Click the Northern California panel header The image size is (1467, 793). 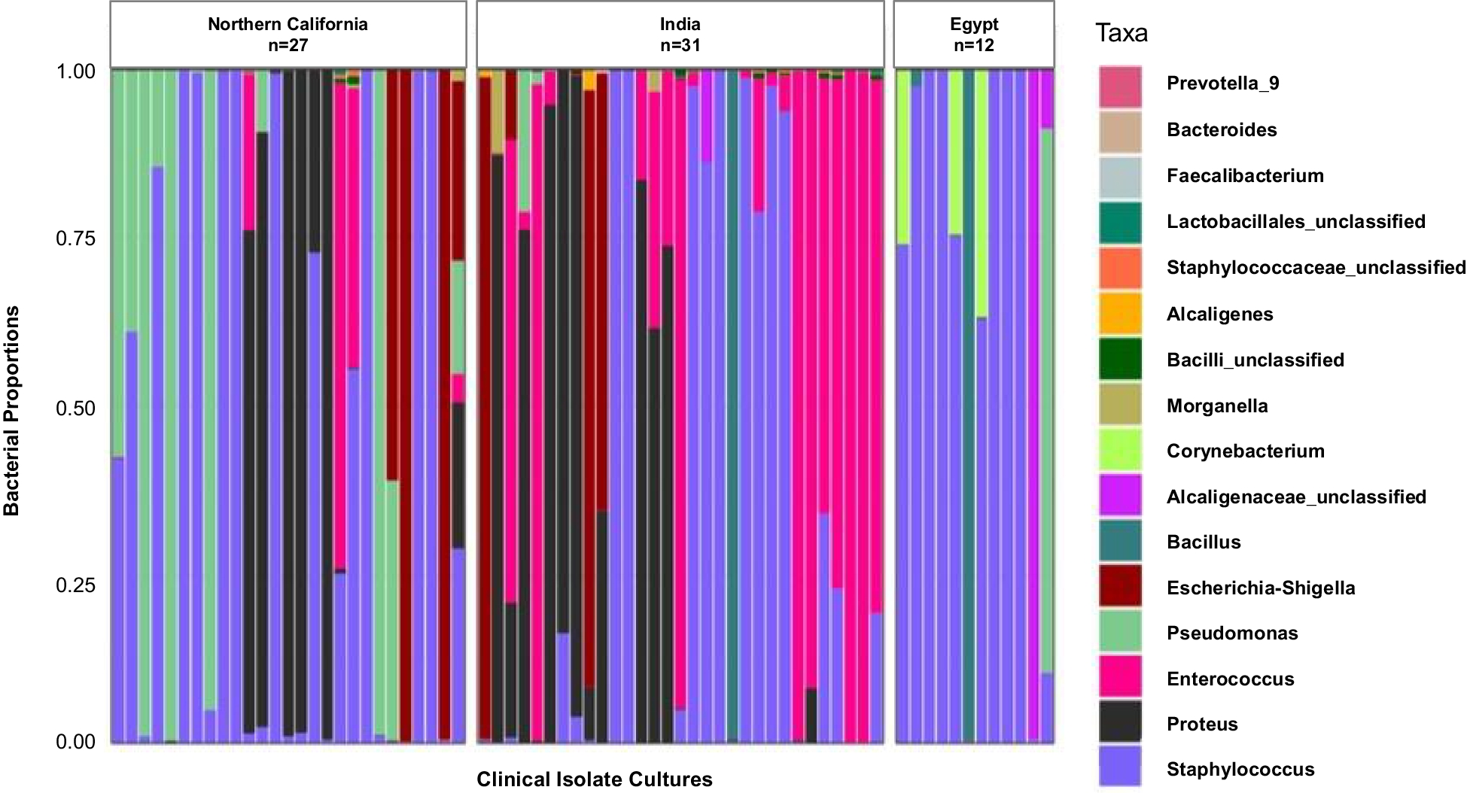pyautogui.click(x=288, y=35)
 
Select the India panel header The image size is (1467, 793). pyautogui.click(x=680, y=35)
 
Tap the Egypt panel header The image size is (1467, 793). pyautogui.click(x=973, y=35)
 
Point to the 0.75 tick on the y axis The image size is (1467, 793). pyautogui.click(x=75, y=239)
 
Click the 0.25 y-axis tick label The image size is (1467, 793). pyautogui.click(x=75, y=585)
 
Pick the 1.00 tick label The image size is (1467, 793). pyautogui.click(x=75, y=71)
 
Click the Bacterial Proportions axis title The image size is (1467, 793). pyautogui.click(x=12, y=410)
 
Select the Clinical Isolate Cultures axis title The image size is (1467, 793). pyautogui.click(x=594, y=779)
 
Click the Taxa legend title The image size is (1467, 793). pyautogui.click(x=1121, y=33)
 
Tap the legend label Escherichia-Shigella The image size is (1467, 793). pyautogui.click(x=1261, y=588)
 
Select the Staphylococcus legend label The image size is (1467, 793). pyautogui.click(x=1240, y=769)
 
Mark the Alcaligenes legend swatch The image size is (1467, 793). pyautogui.click(x=1120, y=314)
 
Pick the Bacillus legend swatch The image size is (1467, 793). pyautogui.click(x=1120, y=541)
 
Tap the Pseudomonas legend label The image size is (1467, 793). pyautogui.click(x=1232, y=633)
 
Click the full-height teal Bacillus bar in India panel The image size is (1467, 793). pyautogui.click(x=732, y=406)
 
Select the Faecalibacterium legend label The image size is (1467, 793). pyautogui.click(x=1244, y=175)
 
